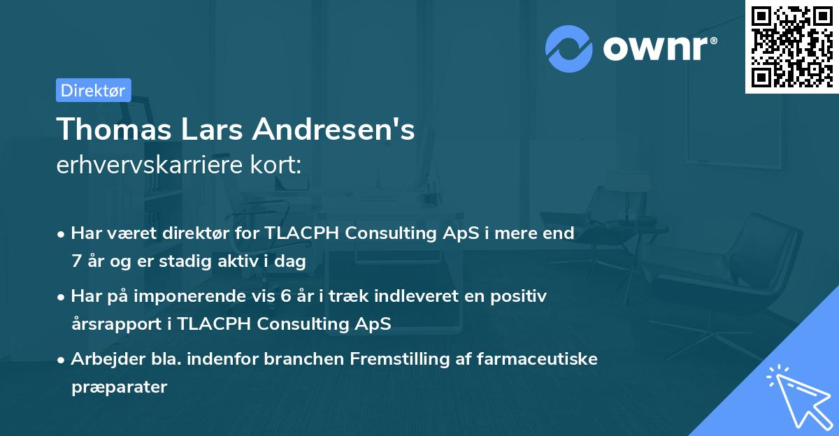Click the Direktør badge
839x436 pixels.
click(93, 90)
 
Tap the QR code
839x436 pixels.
click(791, 46)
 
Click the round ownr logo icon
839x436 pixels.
click(569, 49)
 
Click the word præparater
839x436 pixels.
click(119, 386)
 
